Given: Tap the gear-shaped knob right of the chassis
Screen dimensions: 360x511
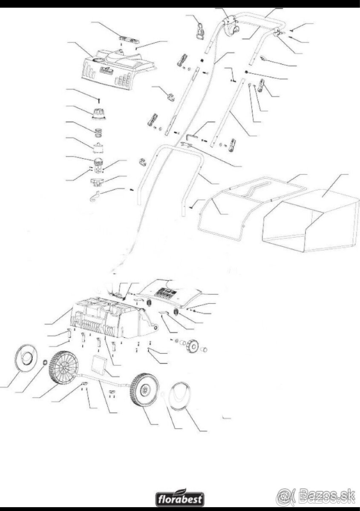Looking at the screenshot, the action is coord(193,347).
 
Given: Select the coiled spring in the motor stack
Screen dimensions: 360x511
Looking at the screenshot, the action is coord(98,132).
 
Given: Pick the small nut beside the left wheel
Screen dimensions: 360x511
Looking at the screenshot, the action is coord(45,362).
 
